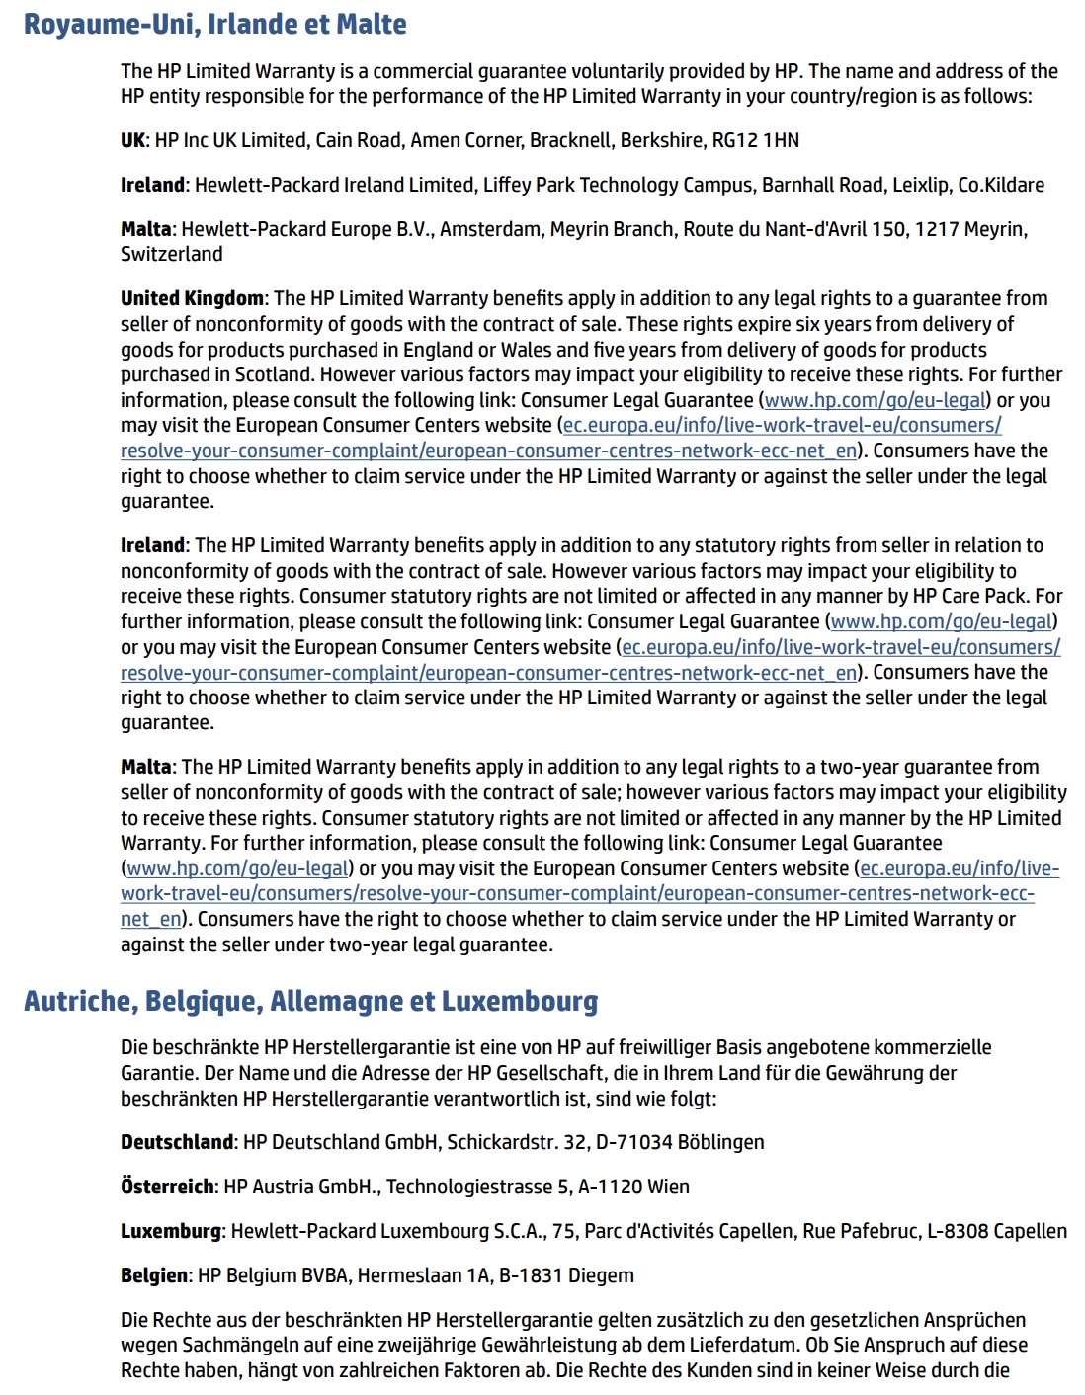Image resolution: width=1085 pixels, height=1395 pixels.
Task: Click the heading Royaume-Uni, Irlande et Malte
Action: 214,24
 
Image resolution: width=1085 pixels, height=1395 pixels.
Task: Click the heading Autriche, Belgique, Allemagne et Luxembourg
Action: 310,1001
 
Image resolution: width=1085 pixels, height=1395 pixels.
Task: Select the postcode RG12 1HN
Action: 755,140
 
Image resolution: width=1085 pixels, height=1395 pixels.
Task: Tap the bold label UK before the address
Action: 132,140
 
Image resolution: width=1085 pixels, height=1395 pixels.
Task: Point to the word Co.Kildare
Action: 1001,185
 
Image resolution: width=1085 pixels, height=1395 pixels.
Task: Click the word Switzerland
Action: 171,254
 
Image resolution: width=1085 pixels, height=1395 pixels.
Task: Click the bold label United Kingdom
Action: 192,298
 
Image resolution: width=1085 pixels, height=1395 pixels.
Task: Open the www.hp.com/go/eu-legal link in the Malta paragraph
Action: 238,868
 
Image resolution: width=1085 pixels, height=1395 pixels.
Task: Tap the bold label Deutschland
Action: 177,1142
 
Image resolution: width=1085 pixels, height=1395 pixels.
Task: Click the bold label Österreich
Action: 167,1187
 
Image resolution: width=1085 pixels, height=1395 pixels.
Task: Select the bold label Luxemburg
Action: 170,1231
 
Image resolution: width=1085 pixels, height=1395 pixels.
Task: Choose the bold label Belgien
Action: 153,1275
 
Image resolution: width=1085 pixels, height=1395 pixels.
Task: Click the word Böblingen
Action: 720,1142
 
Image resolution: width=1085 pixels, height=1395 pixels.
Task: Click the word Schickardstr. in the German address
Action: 502,1142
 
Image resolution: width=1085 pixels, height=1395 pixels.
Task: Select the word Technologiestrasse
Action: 468,1187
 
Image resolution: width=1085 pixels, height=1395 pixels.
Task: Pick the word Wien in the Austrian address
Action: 669,1187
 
